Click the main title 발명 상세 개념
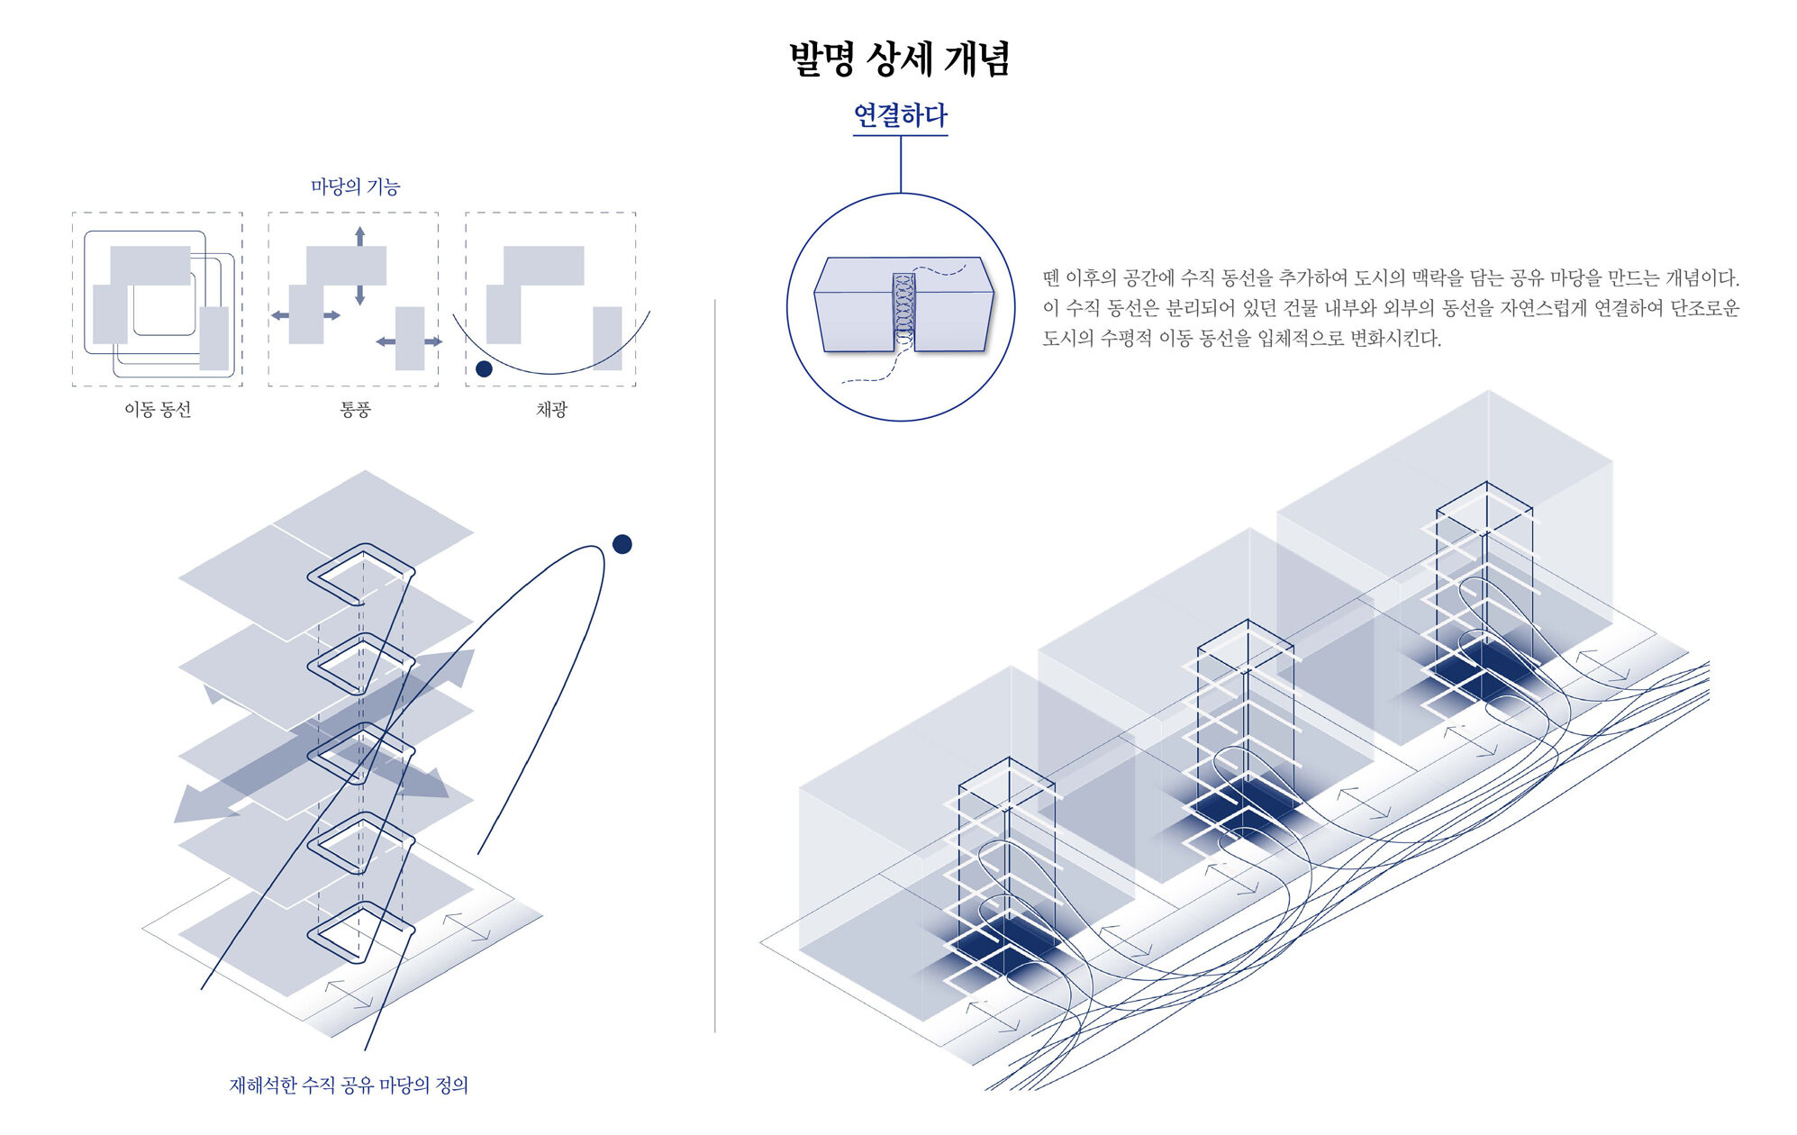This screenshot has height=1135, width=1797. tap(899, 59)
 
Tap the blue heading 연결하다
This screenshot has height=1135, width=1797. tap(900, 115)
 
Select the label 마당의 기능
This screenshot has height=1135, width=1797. tap(355, 186)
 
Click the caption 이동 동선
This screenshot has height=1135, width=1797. tap(158, 410)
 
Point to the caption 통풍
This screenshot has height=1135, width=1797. tap(355, 410)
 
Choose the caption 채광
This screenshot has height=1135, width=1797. tap(551, 410)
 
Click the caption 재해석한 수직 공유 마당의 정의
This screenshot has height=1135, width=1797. tap(349, 1085)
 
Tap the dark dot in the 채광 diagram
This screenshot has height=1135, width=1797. tap(484, 368)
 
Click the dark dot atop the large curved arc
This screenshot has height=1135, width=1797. tap(622, 544)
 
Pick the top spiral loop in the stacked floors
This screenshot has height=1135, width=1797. tap(360, 574)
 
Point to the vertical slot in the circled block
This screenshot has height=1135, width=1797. tap(903, 312)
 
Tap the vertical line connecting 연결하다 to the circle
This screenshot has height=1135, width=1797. tap(901, 164)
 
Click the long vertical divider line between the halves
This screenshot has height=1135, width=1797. tap(715, 667)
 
